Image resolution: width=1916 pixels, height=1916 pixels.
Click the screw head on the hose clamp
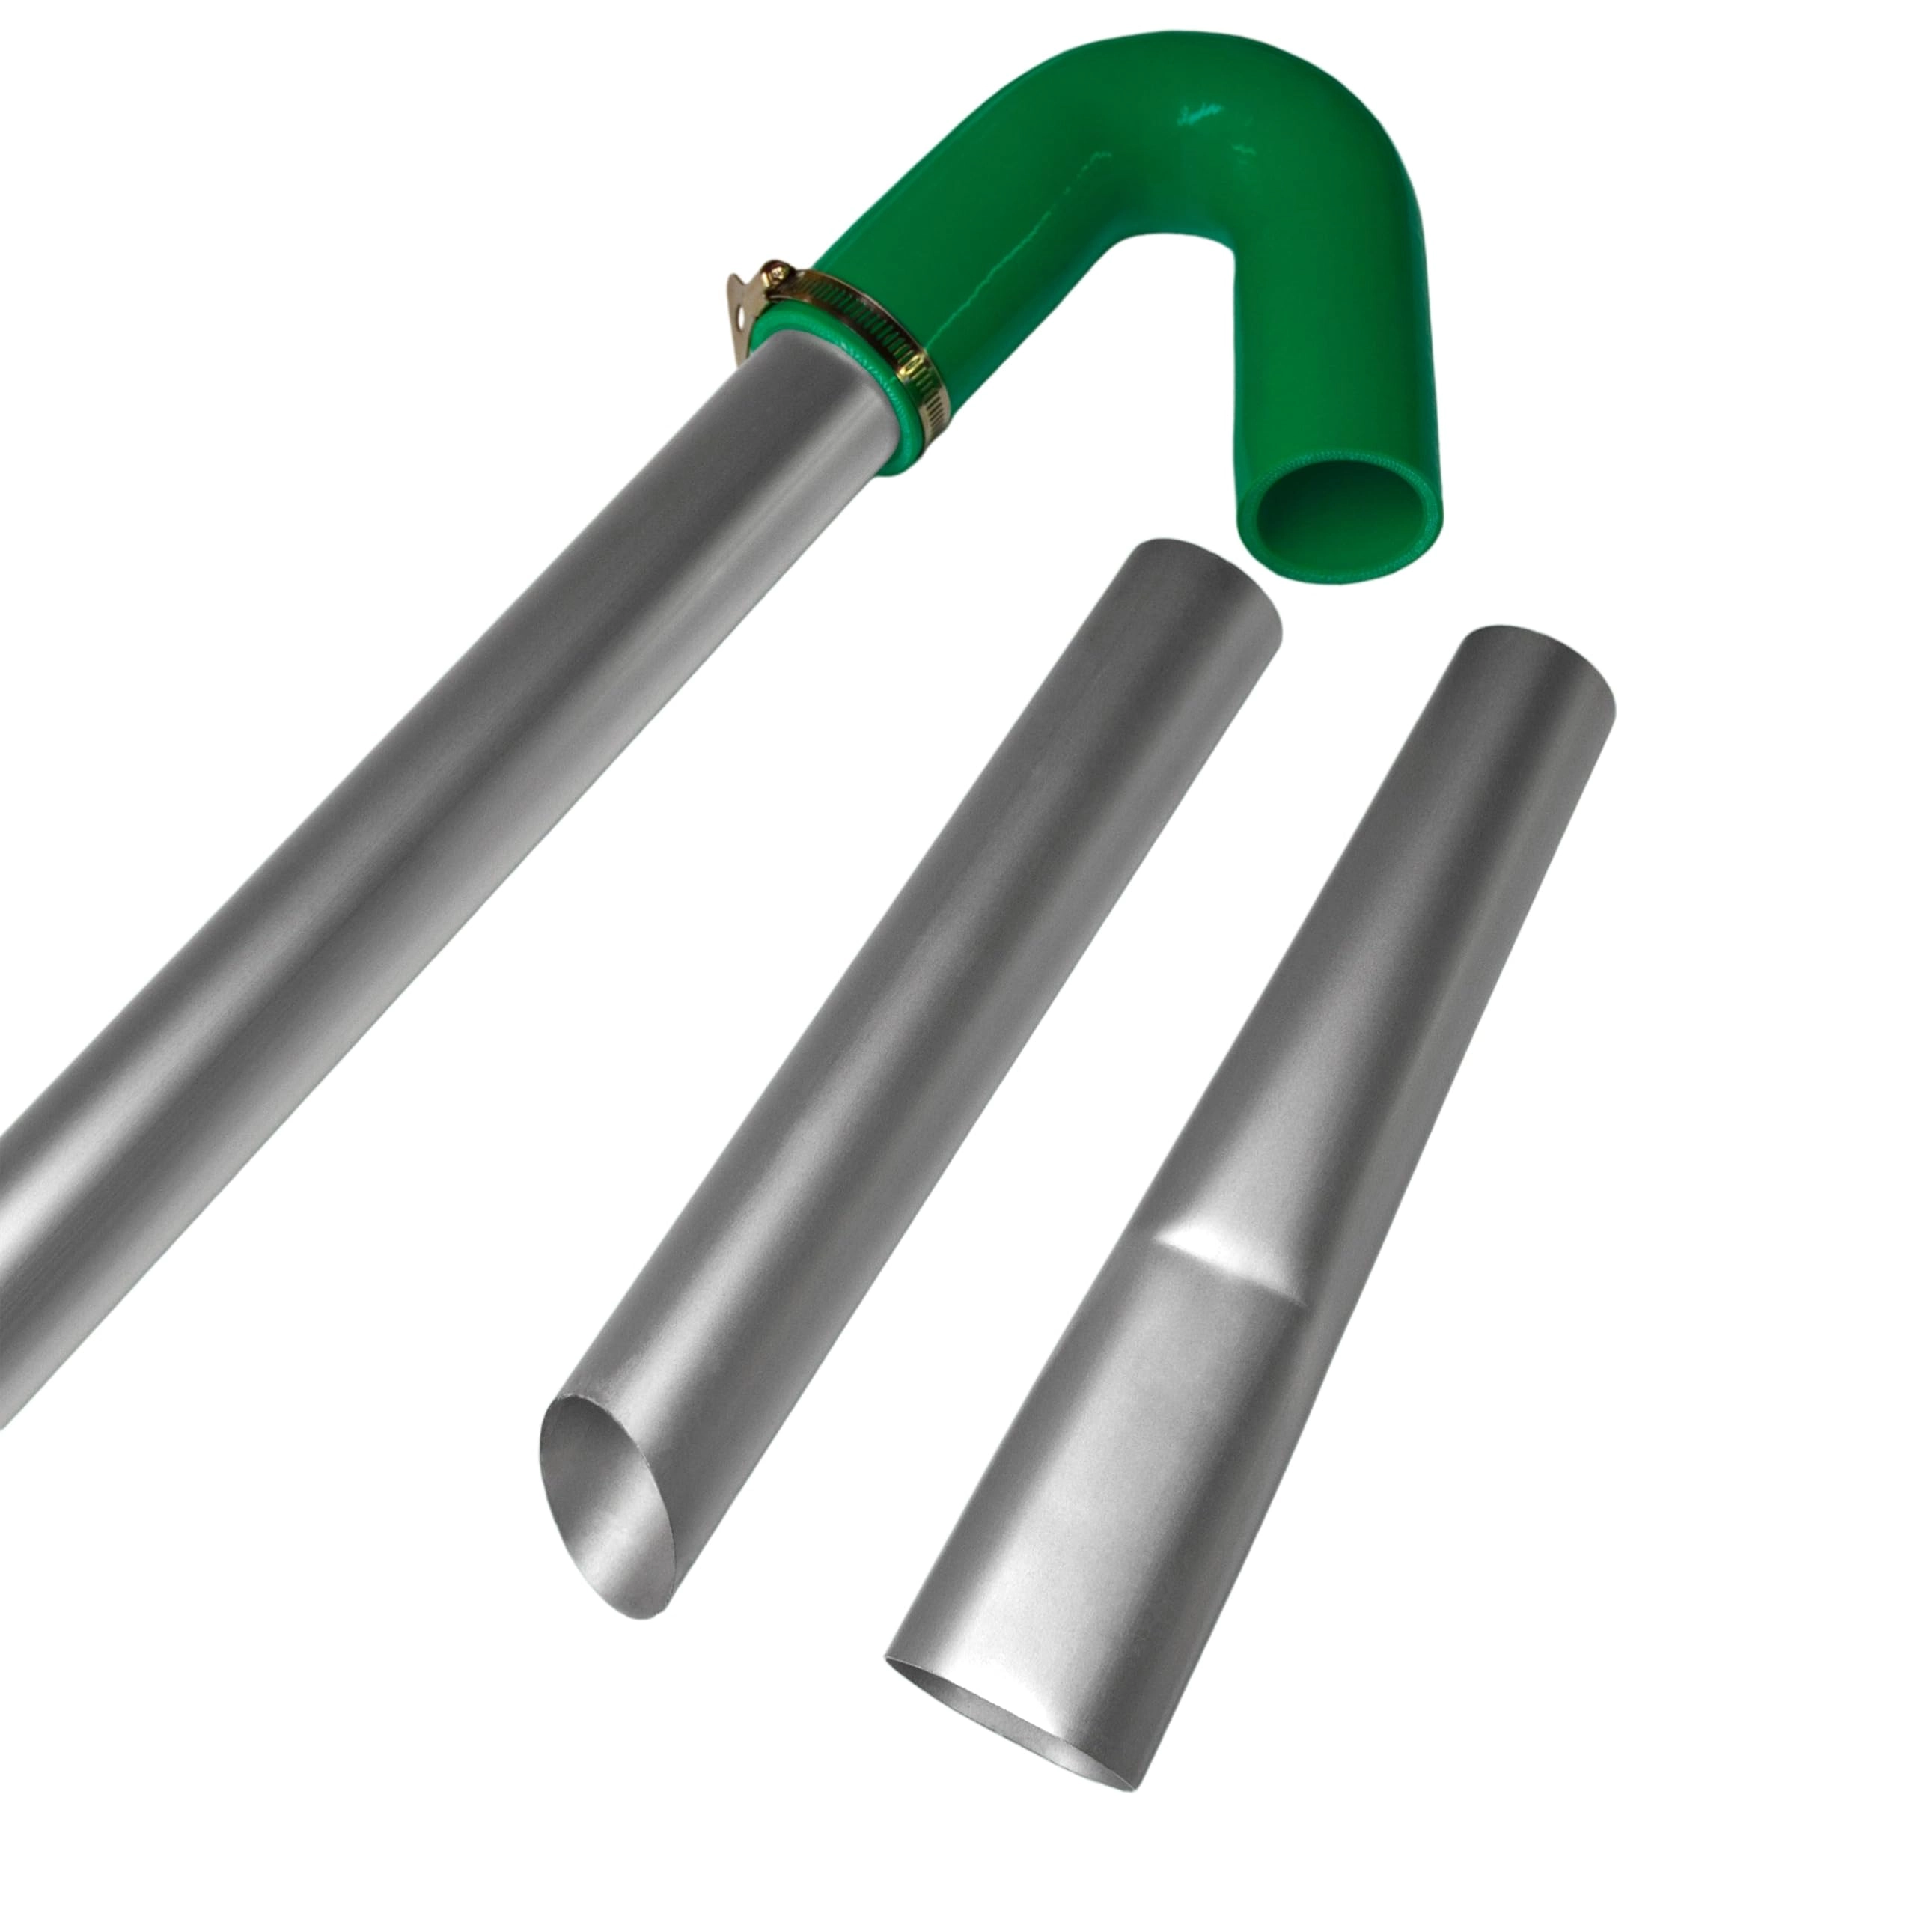(777, 275)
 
